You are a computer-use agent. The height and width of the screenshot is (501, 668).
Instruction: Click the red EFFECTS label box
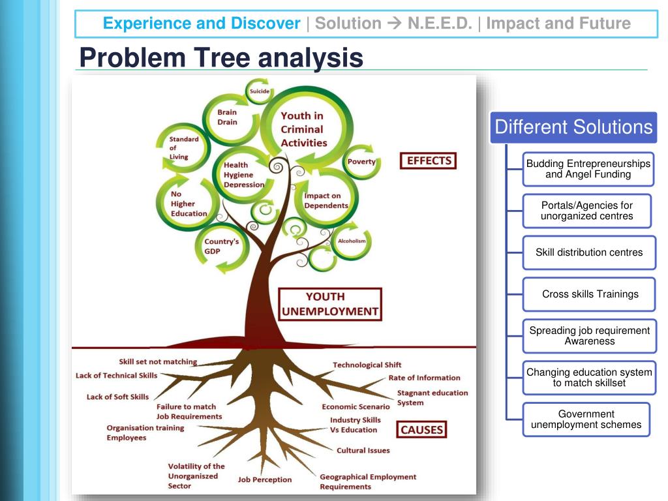[429, 160]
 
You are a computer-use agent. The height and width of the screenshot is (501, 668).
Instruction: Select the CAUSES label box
[421, 430]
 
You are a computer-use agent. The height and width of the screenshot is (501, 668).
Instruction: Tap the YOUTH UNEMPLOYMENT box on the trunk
[329, 304]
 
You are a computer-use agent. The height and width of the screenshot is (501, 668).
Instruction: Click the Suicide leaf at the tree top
[259, 91]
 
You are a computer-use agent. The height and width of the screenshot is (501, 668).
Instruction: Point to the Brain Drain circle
[228, 117]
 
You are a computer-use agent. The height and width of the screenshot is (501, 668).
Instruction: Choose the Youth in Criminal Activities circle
[304, 129]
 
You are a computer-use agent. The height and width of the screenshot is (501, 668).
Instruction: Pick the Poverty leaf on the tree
[361, 162]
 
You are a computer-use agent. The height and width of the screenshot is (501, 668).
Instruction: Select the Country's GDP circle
[221, 247]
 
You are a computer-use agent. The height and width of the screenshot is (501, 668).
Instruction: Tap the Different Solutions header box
[573, 127]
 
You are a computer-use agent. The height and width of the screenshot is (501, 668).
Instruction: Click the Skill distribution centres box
[589, 252]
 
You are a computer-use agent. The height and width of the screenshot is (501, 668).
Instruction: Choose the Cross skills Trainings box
[590, 294]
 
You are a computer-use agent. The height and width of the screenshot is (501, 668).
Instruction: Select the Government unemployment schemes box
[586, 419]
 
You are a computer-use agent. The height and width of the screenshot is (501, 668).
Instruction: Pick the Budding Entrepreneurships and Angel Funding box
[588, 169]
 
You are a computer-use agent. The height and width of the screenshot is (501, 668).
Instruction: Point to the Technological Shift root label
[367, 365]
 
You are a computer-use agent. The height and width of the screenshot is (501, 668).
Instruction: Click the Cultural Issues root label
[363, 450]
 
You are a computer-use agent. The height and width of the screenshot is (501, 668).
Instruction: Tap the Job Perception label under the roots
[265, 479]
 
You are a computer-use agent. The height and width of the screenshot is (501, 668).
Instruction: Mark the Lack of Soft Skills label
[117, 397]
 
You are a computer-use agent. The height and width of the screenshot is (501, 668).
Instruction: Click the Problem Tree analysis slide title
[220, 58]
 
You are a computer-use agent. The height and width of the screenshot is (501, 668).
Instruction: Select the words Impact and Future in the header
[558, 24]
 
